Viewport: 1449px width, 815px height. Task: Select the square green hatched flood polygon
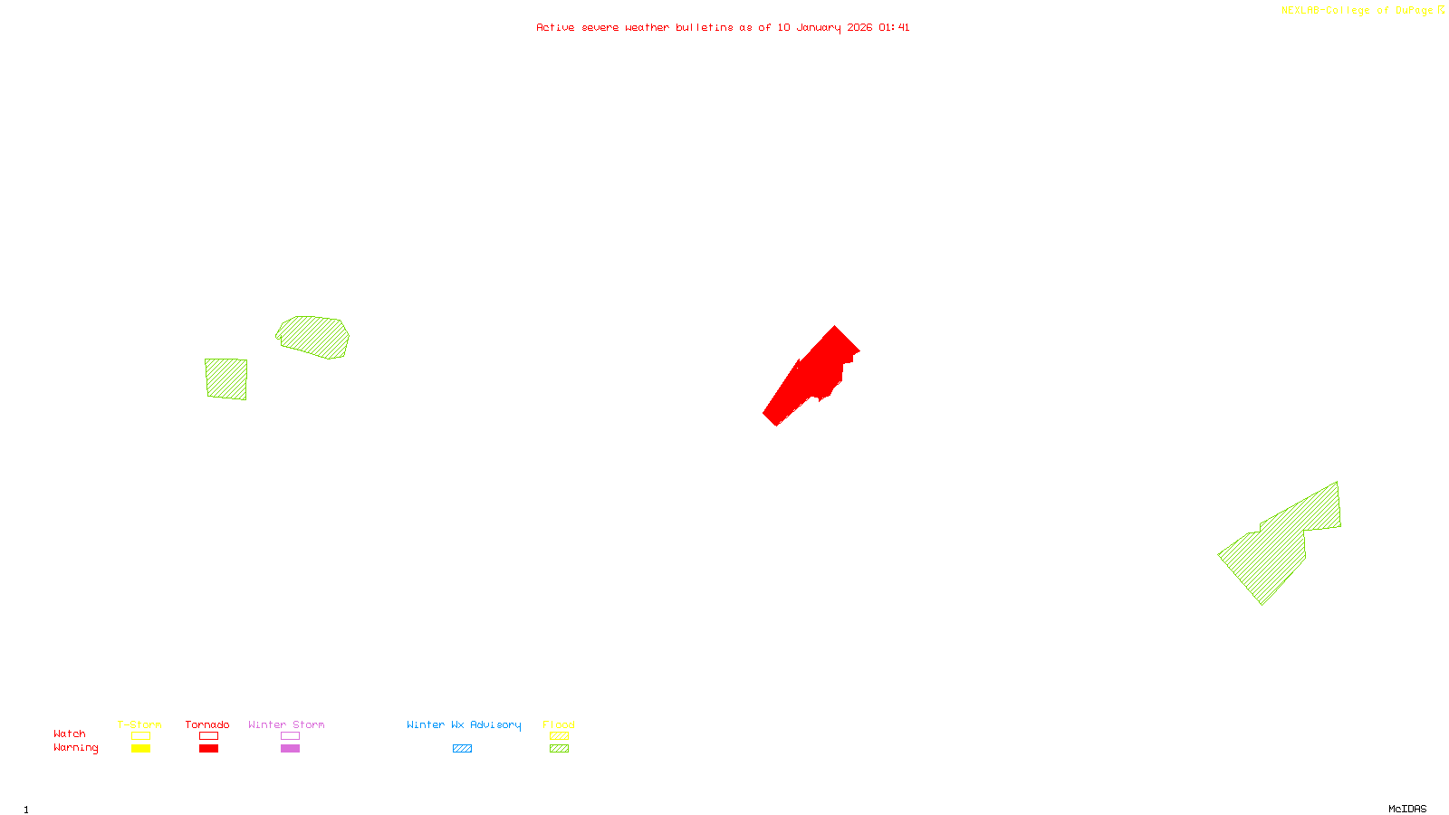[x=226, y=379]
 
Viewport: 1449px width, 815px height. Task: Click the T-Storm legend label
[x=139, y=724]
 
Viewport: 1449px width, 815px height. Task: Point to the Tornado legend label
[x=207, y=724]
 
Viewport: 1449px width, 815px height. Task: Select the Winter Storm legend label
[x=286, y=724]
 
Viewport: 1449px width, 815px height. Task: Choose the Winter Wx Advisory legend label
[x=464, y=724]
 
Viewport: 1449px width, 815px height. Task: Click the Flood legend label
[x=559, y=724]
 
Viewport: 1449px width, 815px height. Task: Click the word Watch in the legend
[x=70, y=733]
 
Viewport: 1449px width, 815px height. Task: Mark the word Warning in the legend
[x=75, y=748]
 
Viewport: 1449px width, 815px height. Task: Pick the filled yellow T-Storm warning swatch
[x=140, y=749]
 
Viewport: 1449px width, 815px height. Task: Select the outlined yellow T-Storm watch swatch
[x=140, y=736]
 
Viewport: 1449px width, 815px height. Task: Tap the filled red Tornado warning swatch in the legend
[x=208, y=749]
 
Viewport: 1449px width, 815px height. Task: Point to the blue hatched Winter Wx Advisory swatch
[x=462, y=749]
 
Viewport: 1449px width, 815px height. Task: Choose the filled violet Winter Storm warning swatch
[x=290, y=749]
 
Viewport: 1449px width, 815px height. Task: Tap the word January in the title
[x=818, y=28]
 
